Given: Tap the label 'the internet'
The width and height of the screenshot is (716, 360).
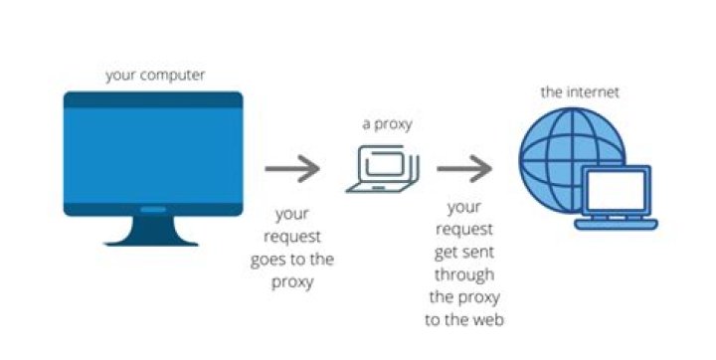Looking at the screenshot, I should tap(580, 91).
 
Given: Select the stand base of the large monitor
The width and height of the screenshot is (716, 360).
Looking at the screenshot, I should tap(152, 237).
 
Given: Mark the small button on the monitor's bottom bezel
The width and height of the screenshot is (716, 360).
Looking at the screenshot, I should tap(152, 210).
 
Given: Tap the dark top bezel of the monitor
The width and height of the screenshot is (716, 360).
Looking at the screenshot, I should tap(152, 99).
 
